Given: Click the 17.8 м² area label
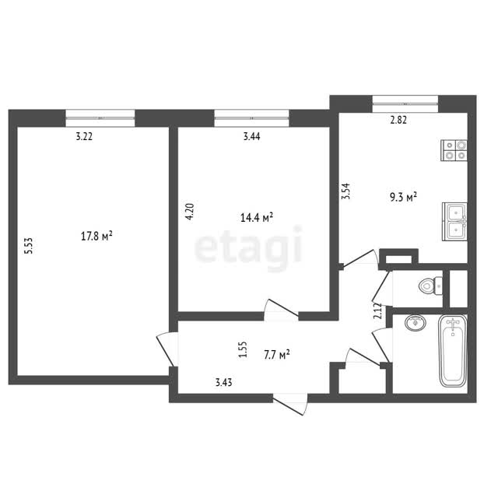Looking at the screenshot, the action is click(96, 237).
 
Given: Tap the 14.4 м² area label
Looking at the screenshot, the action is click(257, 218).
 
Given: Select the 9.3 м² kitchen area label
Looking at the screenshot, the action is click(403, 197).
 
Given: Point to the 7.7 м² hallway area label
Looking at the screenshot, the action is click(277, 355).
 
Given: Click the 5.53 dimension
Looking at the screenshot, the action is click(29, 246).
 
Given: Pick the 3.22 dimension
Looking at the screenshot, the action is click(84, 137).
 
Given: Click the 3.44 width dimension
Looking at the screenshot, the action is click(252, 136).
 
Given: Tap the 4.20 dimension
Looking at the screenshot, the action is click(190, 212).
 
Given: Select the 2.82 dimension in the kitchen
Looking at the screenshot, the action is click(398, 120).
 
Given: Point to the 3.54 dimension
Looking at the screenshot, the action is click(345, 191).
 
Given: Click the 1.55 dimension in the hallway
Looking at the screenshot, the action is click(243, 349).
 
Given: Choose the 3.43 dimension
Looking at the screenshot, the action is click(223, 382).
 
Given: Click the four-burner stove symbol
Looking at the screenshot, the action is click(454, 150).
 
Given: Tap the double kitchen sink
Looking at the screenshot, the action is click(454, 222).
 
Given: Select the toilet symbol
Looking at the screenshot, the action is click(430, 286).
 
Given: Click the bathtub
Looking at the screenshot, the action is click(453, 351).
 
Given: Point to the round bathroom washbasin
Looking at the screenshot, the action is click(416, 323).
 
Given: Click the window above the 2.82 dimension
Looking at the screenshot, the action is click(405, 103).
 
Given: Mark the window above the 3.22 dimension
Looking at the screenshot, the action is click(100, 118).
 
